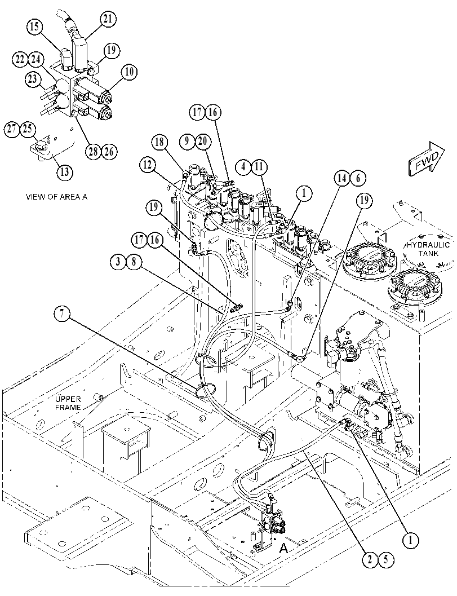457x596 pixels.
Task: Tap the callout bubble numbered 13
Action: click(65, 172)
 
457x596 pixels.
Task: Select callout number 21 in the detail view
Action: click(108, 19)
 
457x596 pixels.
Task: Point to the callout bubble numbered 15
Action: click(35, 27)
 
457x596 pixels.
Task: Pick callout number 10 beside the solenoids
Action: click(129, 72)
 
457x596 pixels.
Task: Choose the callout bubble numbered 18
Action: click(161, 143)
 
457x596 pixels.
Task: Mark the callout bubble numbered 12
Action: click(148, 165)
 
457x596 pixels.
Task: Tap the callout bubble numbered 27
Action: click(12, 129)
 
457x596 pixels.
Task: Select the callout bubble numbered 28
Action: click(94, 152)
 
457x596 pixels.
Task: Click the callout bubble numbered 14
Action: click(342, 178)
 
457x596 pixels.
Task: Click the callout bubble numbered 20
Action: click(202, 141)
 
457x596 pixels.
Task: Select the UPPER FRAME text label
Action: click(68, 403)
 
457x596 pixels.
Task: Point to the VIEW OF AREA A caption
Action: click(56, 197)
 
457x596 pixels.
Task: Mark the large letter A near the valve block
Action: click(284, 548)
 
